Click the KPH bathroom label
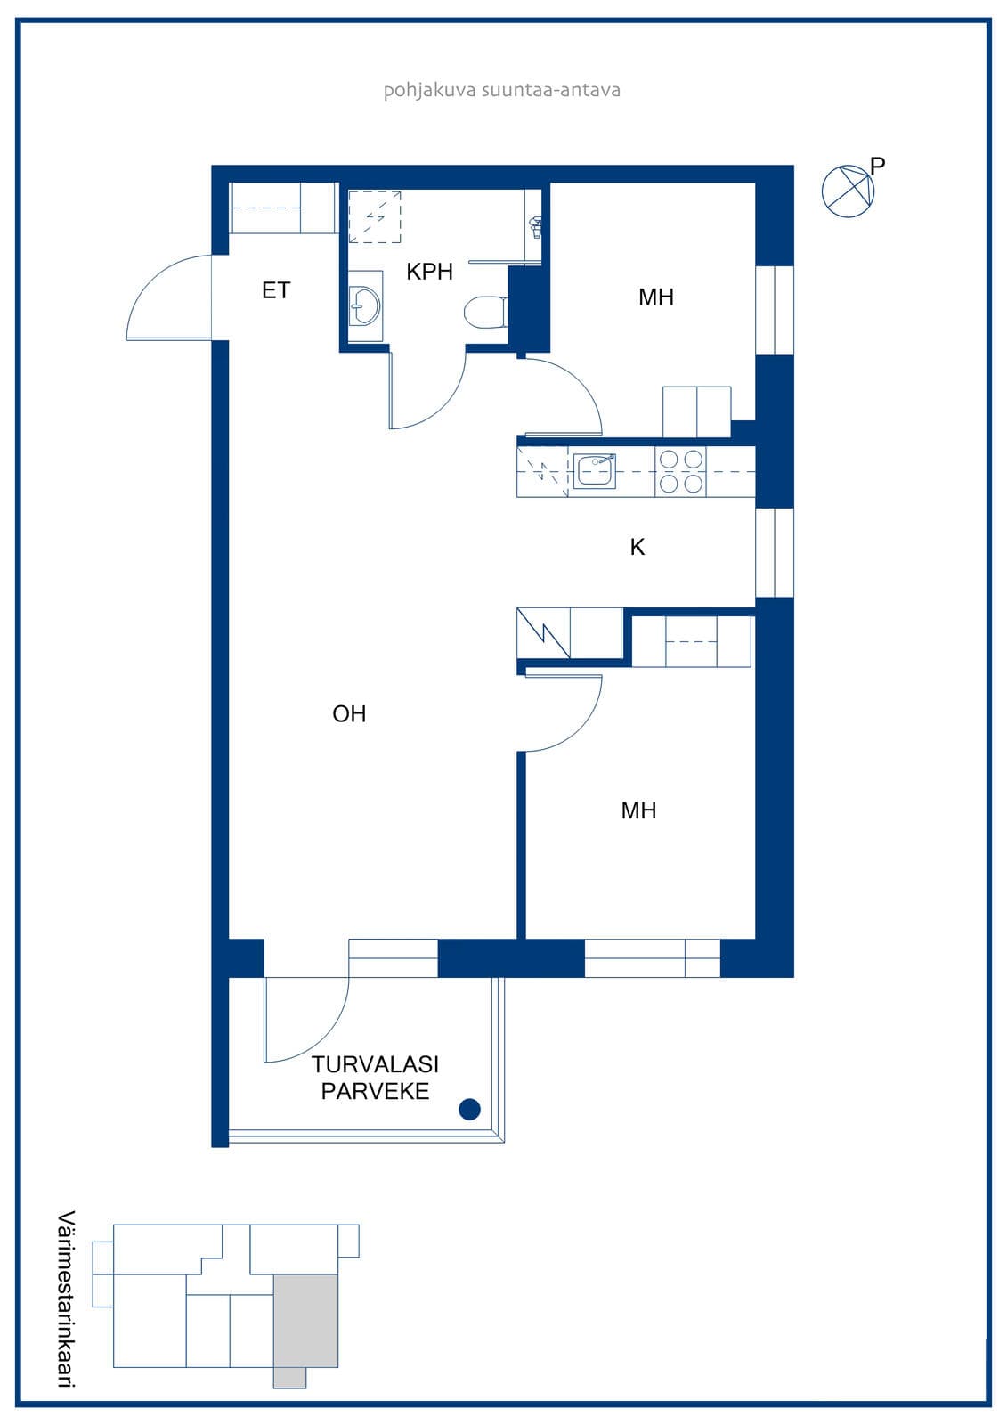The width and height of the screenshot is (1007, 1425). coord(429,272)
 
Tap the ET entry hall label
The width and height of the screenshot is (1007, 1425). coord(276,290)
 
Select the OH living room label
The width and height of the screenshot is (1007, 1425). coord(349,713)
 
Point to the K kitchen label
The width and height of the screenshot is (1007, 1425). coord(637,547)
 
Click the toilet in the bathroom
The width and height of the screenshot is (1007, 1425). coord(485,313)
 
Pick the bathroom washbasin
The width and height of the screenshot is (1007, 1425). coord(364,306)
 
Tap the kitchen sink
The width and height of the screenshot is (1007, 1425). coord(594,471)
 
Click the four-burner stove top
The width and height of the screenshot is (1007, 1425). coord(680,471)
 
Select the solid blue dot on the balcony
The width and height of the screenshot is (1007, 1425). coord(469,1109)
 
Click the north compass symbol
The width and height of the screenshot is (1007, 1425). coord(848,191)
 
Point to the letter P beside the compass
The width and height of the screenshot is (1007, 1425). coord(878,166)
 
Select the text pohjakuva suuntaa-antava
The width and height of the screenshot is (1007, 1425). coord(502,90)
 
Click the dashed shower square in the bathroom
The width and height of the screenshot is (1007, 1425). coord(375,217)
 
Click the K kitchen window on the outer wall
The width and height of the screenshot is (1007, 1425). coord(775,552)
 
